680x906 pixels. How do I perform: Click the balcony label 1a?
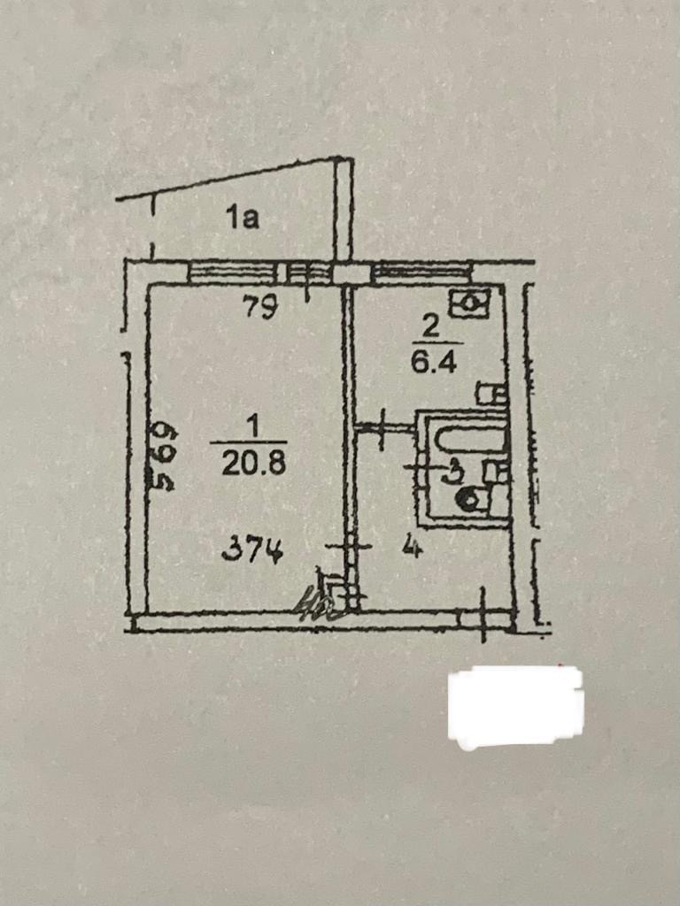tap(242, 217)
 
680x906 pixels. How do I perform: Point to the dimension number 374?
tap(252, 552)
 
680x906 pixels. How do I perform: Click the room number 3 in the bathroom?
tap(452, 472)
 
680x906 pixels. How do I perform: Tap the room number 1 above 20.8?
tap(251, 427)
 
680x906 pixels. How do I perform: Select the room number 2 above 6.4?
tap(430, 327)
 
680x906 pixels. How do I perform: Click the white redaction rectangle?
tap(514, 705)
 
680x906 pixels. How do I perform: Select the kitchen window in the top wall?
tap(421, 273)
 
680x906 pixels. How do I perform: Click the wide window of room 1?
tap(232, 273)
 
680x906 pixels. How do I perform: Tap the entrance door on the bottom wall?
tap(484, 617)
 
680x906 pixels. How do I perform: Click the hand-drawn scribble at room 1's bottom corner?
tap(320, 603)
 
